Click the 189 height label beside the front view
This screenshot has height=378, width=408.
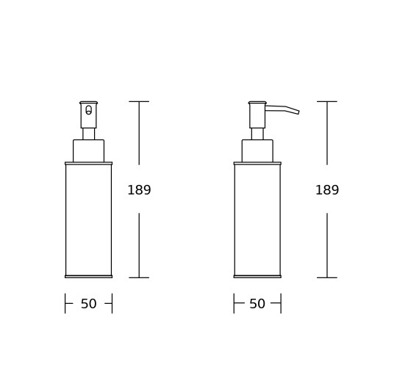(x=139, y=190)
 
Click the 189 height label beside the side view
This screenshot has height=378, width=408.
(x=327, y=190)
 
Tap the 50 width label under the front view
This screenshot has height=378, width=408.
(x=88, y=303)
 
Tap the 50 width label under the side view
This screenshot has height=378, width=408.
(x=257, y=303)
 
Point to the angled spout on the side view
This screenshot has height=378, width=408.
(x=282, y=109)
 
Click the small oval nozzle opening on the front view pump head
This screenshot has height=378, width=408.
(x=89, y=110)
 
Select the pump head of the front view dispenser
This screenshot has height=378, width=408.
(x=89, y=115)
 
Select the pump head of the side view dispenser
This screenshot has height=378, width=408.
(x=257, y=115)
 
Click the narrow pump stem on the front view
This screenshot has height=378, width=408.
(x=89, y=134)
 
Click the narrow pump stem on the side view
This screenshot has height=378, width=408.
(x=257, y=134)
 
